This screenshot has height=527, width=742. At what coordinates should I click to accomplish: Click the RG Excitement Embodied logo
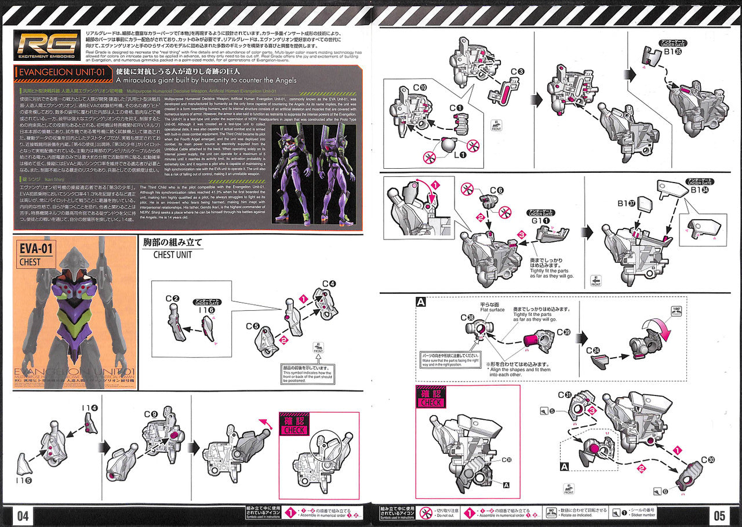coord(47,45)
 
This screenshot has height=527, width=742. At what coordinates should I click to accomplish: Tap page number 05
coord(719,515)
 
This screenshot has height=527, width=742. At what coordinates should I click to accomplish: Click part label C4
coord(329,284)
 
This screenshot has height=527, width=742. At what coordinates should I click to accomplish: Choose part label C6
coord(496,190)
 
